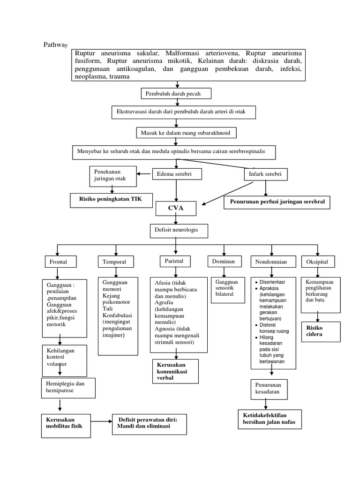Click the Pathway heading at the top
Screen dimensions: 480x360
click(x=55, y=45)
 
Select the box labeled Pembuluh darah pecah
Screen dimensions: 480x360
click(x=176, y=94)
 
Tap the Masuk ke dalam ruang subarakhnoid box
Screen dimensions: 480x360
click(x=187, y=133)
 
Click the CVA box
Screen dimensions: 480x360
click(x=176, y=207)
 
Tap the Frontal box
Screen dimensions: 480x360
click(x=60, y=262)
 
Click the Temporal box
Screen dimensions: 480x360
click(x=115, y=262)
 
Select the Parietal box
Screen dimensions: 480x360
click(x=173, y=261)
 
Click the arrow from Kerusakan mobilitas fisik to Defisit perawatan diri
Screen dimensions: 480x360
click(x=101, y=423)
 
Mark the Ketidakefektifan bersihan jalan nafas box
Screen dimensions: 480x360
click(x=270, y=419)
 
